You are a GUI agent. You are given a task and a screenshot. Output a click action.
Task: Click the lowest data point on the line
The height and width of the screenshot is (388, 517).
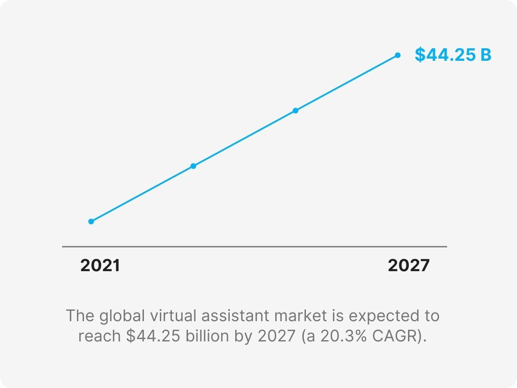click(91, 222)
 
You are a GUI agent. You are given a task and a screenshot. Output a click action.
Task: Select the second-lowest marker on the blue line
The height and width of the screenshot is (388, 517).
click(193, 166)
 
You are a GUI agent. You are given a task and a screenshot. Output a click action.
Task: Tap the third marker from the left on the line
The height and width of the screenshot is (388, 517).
click(295, 111)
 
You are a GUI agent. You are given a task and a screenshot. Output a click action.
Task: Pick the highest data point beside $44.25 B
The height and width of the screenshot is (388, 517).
click(398, 55)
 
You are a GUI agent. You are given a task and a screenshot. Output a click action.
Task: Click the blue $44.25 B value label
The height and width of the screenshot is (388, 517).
click(453, 55)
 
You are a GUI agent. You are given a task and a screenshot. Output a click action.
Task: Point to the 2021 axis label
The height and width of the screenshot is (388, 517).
click(100, 266)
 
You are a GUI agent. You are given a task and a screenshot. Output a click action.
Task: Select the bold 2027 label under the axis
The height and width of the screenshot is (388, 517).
click(408, 266)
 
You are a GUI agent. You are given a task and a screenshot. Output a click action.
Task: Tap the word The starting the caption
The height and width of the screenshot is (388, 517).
click(80, 316)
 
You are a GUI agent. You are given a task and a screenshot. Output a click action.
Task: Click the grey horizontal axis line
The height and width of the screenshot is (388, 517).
click(254, 247)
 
